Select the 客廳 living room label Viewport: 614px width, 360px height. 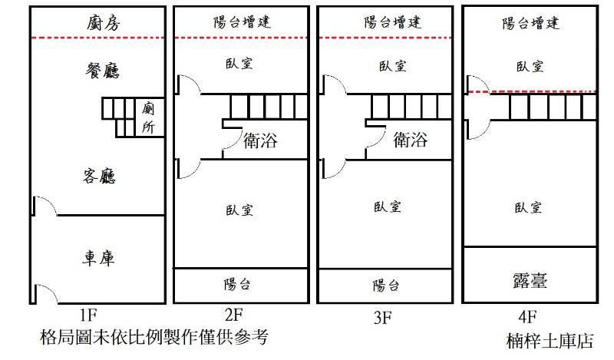tap(98, 177)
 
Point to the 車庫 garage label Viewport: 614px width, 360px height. tap(98, 258)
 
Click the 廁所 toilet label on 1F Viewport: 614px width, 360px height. tap(149, 119)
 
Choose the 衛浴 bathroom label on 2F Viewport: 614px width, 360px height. tap(260, 141)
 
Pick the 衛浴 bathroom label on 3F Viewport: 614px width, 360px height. tap(410, 140)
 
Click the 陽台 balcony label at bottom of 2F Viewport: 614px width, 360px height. tap(236, 285)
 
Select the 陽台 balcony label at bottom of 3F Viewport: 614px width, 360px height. tap(386, 286)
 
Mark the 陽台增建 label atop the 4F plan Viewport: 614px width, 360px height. tap(530, 24)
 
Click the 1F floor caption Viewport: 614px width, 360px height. tap(87, 314)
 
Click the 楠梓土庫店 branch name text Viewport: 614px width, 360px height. tap(550, 341)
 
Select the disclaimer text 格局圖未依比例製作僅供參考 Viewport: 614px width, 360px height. tap(154, 337)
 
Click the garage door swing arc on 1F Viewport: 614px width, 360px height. tap(45, 292)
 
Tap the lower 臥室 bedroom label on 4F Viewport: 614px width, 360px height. tap(530, 207)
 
